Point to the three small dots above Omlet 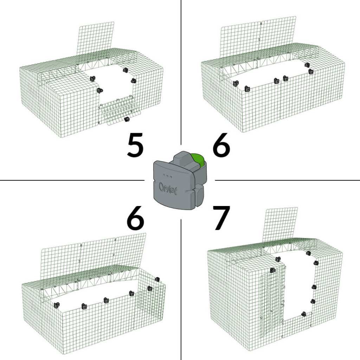tap(168, 174)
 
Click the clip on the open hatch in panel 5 tap(127, 120)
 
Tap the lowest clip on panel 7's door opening tap(303, 314)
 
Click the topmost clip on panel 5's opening tap(125, 70)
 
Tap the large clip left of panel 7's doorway tap(273, 270)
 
